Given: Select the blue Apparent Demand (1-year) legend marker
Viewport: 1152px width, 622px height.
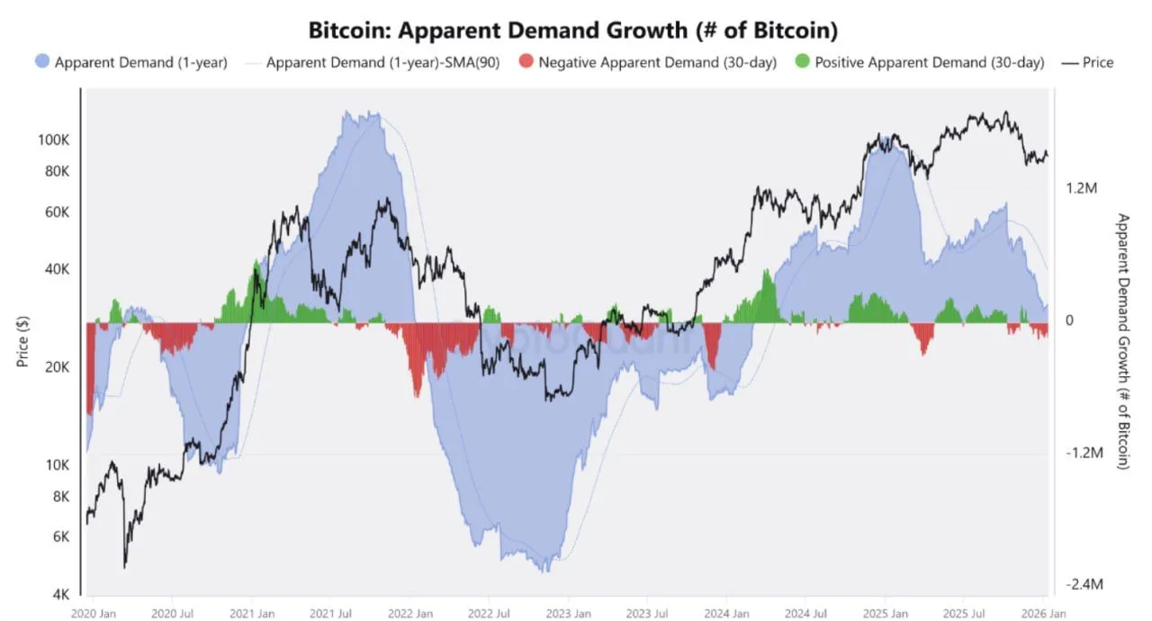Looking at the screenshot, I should (42, 62).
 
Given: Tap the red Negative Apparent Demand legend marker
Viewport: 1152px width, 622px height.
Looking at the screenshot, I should (526, 62).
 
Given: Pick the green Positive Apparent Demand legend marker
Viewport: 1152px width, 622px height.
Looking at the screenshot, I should (802, 62).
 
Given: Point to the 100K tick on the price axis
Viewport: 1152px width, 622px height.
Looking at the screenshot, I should (53, 140).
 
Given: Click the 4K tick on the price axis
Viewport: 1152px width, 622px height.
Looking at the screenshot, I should (61, 594).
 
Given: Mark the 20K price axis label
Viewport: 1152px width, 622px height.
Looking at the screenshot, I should (56, 367).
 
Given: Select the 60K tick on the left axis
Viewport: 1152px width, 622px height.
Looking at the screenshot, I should (56, 212).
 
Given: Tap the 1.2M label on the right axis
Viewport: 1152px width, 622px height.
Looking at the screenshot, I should (1083, 188).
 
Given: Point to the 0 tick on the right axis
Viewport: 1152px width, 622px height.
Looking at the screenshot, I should (1070, 320).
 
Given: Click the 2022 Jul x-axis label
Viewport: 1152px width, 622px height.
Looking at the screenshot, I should (490, 614).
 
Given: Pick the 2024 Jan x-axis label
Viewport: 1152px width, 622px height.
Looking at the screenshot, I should (726, 614).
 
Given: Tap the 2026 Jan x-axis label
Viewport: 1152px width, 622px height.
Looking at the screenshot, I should (1042, 614).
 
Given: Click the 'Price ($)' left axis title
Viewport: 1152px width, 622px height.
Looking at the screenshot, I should (23, 342).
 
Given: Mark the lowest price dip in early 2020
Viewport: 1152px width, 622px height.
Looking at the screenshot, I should (124, 566).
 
